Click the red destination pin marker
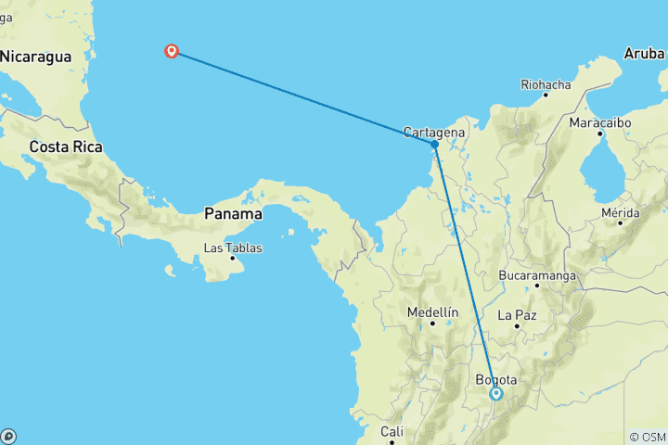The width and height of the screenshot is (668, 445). [x=172, y=51]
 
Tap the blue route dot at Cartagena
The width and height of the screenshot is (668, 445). [x=434, y=144]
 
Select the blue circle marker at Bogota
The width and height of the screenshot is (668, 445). [x=495, y=393]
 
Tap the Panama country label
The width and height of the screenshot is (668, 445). [x=233, y=213]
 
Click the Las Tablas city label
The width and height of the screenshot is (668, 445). [x=233, y=248]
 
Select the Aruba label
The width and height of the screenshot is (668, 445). [x=644, y=54]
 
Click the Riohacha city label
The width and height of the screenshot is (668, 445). [x=546, y=84]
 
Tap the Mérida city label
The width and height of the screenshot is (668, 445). [x=621, y=213]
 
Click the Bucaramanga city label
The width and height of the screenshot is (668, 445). [x=537, y=275]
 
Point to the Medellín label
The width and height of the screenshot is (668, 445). [x=433, y=312]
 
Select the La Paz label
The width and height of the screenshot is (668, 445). [x=518, y=315]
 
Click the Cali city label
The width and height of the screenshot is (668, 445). [x=391, y=431]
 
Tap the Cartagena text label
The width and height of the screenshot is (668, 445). [x=433, y=132]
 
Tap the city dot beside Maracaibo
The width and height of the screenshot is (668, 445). [x=600, y=133]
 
